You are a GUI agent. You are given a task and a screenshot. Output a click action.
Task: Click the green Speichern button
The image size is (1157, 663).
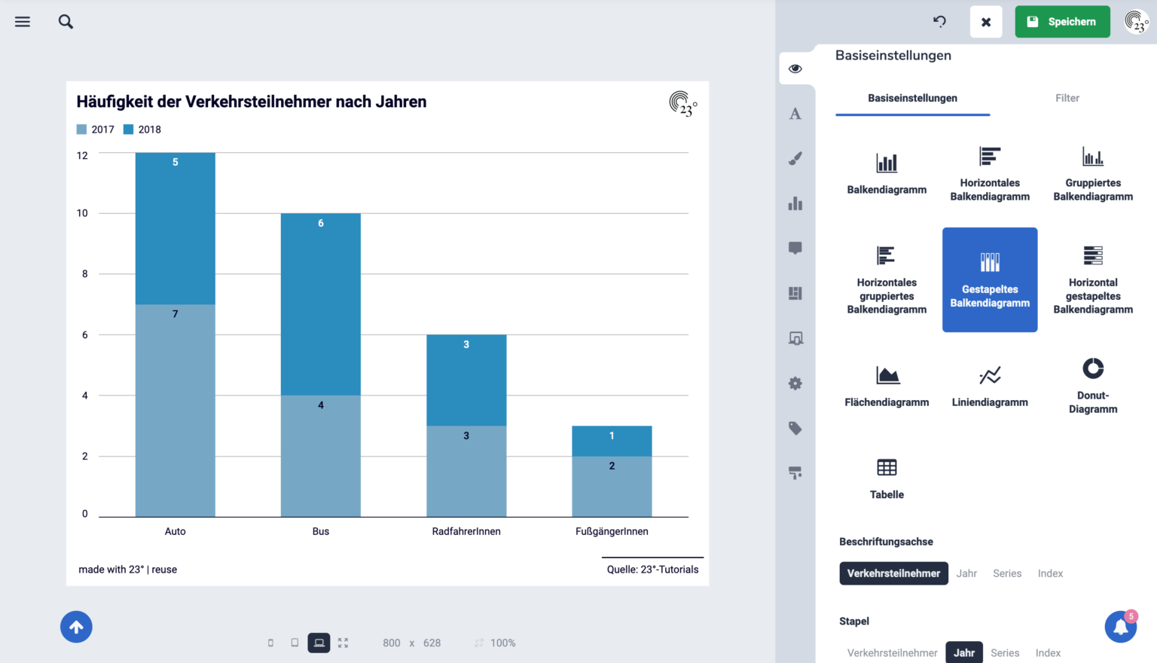pyautogui.click(x=1062, y=22)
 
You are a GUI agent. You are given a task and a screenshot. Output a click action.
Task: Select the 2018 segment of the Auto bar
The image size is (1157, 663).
pyautogui.click(x=175, y=228)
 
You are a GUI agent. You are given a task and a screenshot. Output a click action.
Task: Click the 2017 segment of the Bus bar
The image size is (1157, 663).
pyautogui.click(x=321, y=456)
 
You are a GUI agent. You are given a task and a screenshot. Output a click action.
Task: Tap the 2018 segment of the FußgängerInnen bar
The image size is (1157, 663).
pyautogui.click(x=612, y=441)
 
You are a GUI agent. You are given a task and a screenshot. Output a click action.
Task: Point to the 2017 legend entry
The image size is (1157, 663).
pyautogui.click(x=96, y=129)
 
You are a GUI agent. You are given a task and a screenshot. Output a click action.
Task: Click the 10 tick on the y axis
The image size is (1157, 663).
pyautogui.click(x=82, y=213)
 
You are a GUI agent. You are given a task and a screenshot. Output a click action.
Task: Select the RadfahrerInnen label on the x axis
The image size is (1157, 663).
pyautogui.click(x=466, y=531)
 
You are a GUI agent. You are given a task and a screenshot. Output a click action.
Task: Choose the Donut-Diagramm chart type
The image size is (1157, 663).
pyautogui.click(x=1093, y=386)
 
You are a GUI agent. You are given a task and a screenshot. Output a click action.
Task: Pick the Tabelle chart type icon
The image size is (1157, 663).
pyautogui.click(x=887, y=467)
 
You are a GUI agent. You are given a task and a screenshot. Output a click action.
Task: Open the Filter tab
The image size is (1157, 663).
pyautogui.click(x=1067, y=98)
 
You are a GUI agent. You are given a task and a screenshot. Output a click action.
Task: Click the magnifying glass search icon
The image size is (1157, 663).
pyautogui.click(x=66, y=22)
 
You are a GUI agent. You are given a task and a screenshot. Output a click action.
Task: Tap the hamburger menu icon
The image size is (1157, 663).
pyautogui.click(x=22, y=22)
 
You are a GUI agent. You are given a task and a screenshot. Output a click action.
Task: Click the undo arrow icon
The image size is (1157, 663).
pyautogui.click(x=939, y=21)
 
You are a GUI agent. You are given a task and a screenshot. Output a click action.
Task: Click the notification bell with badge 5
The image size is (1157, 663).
pyautogui.click(x=1120, y=626)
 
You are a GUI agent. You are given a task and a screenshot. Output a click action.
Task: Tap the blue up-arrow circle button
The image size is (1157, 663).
pyautogui.click(x=76, y=627)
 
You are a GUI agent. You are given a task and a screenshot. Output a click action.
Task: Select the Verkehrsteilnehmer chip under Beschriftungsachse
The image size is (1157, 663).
pyautogui.click(x=893, y=573)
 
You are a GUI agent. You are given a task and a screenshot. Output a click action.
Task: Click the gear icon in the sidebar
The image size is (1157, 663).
pyautogui.click(x=795, y=383)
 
